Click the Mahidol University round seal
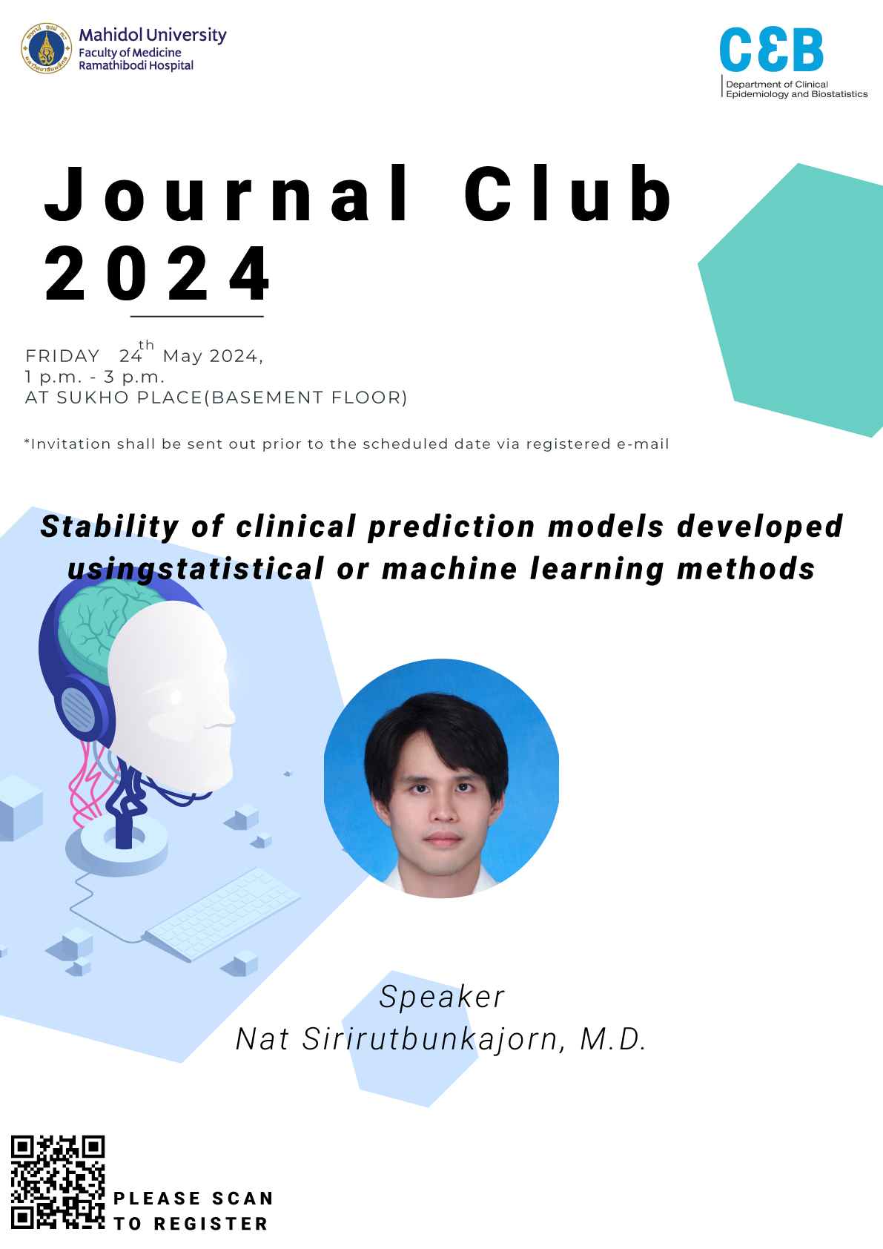[x=46, y=48]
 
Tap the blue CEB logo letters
[x=772, y=50]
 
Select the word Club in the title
[x=569, y=193]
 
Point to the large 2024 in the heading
[x=158, y=273]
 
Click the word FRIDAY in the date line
[x=62, y=356]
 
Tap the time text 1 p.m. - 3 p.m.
[x=95, y=377]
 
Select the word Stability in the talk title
[x=110, y=527]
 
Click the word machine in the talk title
[x=449, y=569]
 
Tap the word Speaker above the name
[x=442, y=997]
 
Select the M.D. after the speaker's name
[x=613, y=1039]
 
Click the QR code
[x=58, y=1183]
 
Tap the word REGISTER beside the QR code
[x=211, y=1224]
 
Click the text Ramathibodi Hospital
[x=136, y=66]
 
